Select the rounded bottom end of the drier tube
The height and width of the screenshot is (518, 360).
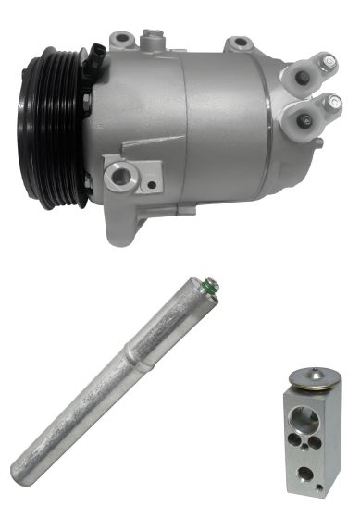pos(19,459)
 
